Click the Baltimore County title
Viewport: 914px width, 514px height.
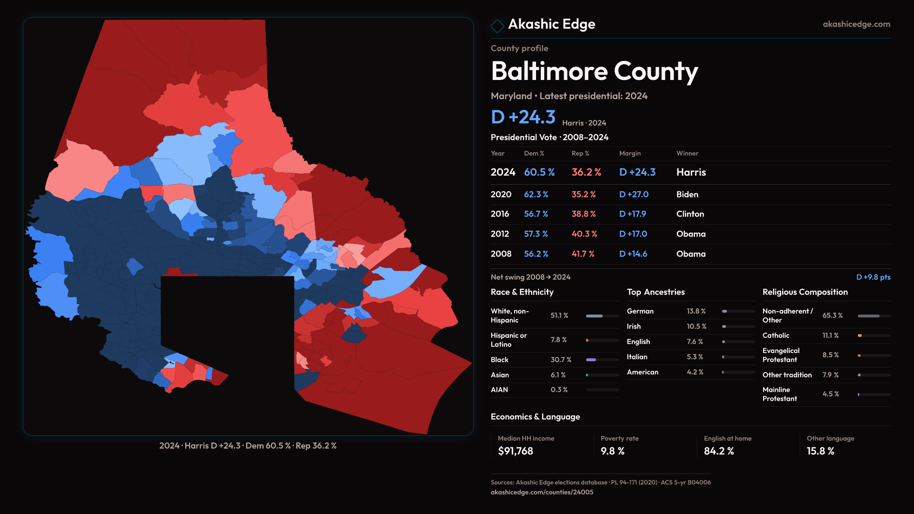click(x=594, y=71)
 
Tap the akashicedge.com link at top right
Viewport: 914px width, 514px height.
click(x=856, y=24)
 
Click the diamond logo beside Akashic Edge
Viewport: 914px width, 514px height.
click(x=497, y=26)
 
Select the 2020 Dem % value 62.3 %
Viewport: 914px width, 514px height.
click(x=536, y=195)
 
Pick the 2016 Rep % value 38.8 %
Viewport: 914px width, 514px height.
click(x=584, y=214)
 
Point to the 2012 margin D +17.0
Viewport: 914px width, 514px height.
click(x=633, y=234)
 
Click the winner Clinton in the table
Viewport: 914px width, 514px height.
click(x=690, y=214)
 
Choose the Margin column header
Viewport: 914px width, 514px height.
click(x=630, y=153)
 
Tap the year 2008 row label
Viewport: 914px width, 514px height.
click(x=501, y=254)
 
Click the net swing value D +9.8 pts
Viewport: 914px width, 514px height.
click(x=873, y=277)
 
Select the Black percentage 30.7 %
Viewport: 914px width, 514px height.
click(x=561, y=360)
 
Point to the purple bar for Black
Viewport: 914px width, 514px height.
click(x=591, y=360)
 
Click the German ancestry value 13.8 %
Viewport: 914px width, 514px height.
click(x=696, y=311)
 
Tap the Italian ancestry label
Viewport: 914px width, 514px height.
click(x=637, y=357)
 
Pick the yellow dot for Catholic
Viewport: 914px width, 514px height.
click(x=860, y=336)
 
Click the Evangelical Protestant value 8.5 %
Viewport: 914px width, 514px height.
click(x=830, y=355)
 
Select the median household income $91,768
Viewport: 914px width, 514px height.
click(x=515, y=451)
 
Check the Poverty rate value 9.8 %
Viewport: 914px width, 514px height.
click(x=612, y=451)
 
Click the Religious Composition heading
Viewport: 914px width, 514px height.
click(x=805, y=292)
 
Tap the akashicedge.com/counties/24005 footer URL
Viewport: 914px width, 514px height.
click(x=542, y=492)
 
